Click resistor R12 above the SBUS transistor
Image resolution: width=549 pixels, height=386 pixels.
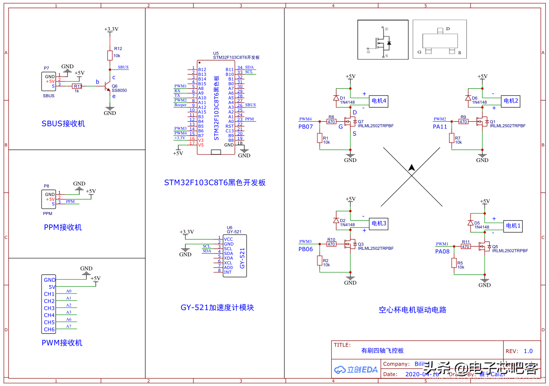tap(110, 55)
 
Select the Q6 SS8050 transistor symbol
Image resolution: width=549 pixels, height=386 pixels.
tap(107, 87)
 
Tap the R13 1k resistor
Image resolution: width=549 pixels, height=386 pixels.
tap(77, 86)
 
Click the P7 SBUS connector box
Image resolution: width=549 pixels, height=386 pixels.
tap(50, 81)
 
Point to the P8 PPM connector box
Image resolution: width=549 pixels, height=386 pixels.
tap(50, 199)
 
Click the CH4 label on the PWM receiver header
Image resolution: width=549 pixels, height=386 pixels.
tap(49, 315)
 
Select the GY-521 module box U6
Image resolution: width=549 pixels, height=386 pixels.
tap(235, 256)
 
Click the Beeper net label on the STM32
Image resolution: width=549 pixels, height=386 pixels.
tap(180, 105)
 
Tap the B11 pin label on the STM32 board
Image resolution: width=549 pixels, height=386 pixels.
tap(229, 70)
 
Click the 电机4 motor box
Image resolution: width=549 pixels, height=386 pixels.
tap(379, 101)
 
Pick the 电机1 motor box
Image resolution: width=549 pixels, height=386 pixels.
tap(512, 226)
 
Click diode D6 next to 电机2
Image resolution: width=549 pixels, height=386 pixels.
tap(468, 98)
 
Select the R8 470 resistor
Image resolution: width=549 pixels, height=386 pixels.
tap(331, 122)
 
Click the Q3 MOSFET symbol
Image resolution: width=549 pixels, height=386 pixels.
tap(350, 244)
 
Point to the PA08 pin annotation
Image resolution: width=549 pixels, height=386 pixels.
tap(442, 252)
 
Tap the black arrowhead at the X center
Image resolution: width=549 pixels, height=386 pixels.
tap(411, 168)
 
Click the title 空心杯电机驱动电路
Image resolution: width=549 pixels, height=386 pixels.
tap(412, 310)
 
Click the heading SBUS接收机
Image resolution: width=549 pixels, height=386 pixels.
tap(63, 124)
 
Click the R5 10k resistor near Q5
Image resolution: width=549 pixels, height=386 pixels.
tap(454, 263)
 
